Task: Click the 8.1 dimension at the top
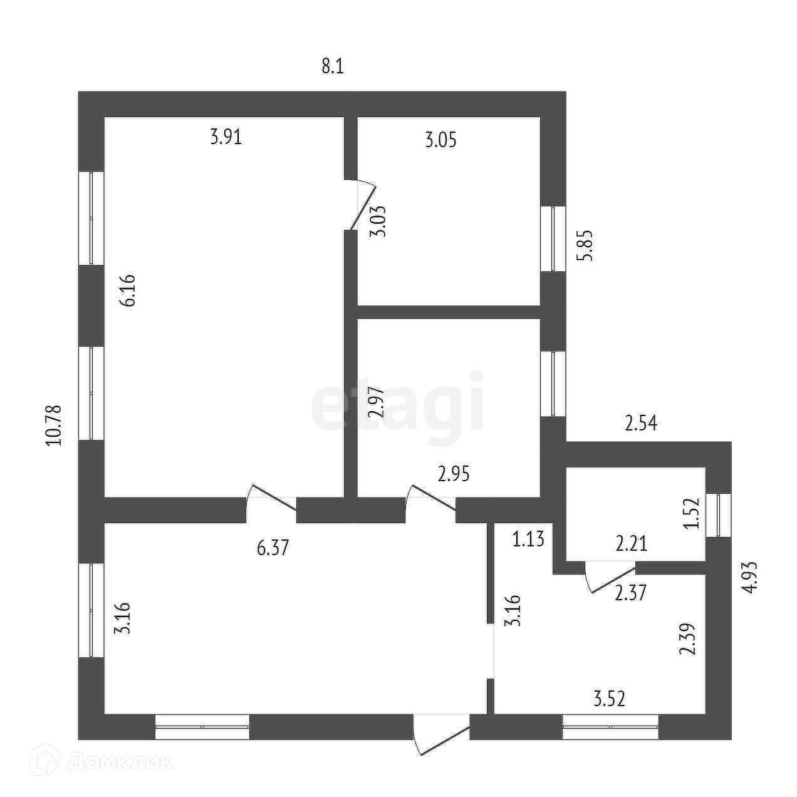[x=333, y=66]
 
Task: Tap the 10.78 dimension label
[x=55, y=425]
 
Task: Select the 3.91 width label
[x=226, y=137]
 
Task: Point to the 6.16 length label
[x=129, y=291]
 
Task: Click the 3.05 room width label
[x=440, y=140]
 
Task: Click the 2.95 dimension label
[x=454, y=474]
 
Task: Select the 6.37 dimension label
[x=273, y=548]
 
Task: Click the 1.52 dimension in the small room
[x=691, y=513]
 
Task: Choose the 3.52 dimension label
[x=609, y=698]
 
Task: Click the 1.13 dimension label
[x=528, y=538]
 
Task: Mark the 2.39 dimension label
[x=687, y=639]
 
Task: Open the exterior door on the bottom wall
[x=441, y=734]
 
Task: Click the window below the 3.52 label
[x=610, y=726]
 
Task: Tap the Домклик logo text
[x=107, y=762]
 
